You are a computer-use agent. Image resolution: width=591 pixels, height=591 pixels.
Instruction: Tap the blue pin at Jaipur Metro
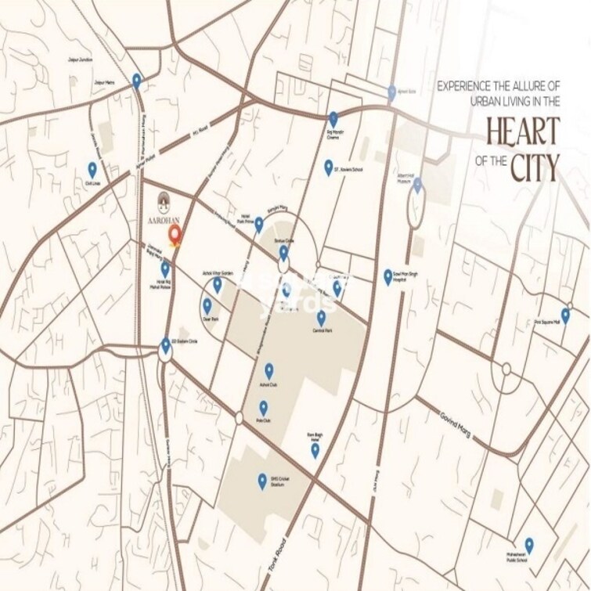point(137,80)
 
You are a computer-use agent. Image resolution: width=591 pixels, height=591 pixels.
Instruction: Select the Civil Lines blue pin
point(92,169)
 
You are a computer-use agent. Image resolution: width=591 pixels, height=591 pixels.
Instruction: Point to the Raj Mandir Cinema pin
point(333,118)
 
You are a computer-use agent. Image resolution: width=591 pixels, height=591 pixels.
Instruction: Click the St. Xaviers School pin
point(329,167)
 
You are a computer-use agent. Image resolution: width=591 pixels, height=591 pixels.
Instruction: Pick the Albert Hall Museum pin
point(417,186)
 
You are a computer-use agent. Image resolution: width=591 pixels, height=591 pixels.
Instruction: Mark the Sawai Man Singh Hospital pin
point(387,276)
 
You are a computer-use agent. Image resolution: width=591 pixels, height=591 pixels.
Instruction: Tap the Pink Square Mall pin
point(565,315)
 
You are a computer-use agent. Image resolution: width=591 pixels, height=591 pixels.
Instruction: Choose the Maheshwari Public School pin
point(529,545)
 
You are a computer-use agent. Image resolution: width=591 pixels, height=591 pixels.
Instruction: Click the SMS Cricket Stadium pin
point(262,481)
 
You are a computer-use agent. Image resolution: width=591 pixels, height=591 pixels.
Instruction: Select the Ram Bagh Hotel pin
point(315,450)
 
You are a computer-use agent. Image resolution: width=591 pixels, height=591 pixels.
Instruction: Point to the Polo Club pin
point(264,408)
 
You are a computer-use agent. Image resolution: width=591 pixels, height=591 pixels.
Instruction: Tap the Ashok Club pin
point(268,370)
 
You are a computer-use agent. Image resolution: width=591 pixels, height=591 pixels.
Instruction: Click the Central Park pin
point(321,318)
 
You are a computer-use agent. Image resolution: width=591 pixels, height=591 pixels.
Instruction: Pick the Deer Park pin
point(207,305)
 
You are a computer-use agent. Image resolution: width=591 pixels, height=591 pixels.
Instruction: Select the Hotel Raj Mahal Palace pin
point(165,270)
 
